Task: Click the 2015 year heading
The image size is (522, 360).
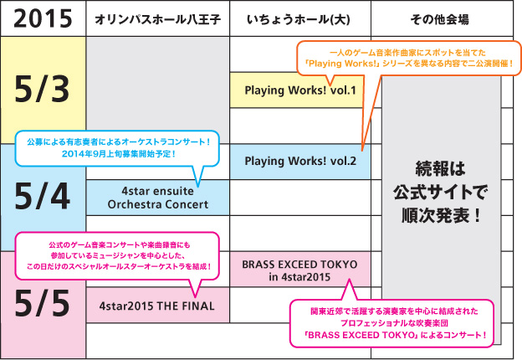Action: click(x=42, y=18)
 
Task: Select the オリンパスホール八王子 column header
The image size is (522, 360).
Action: click(x=156, y=18)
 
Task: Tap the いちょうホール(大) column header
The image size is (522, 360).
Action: click(x=299, y=18)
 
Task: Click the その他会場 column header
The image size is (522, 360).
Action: click(x=440, y=18)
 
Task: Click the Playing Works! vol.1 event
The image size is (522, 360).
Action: click(x=300, y=90)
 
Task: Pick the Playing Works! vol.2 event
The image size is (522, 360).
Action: click(x=300, y=161)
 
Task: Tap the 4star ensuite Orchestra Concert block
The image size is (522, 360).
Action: click(x=157, y=197)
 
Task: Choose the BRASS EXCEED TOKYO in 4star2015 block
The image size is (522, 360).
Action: click(x=300, y=269)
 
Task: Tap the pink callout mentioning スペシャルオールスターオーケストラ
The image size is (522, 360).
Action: click(x=117, y=254)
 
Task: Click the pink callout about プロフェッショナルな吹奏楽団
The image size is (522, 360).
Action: click(x=397, y=322)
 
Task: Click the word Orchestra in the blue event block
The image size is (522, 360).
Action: click(x=138, y=203)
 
